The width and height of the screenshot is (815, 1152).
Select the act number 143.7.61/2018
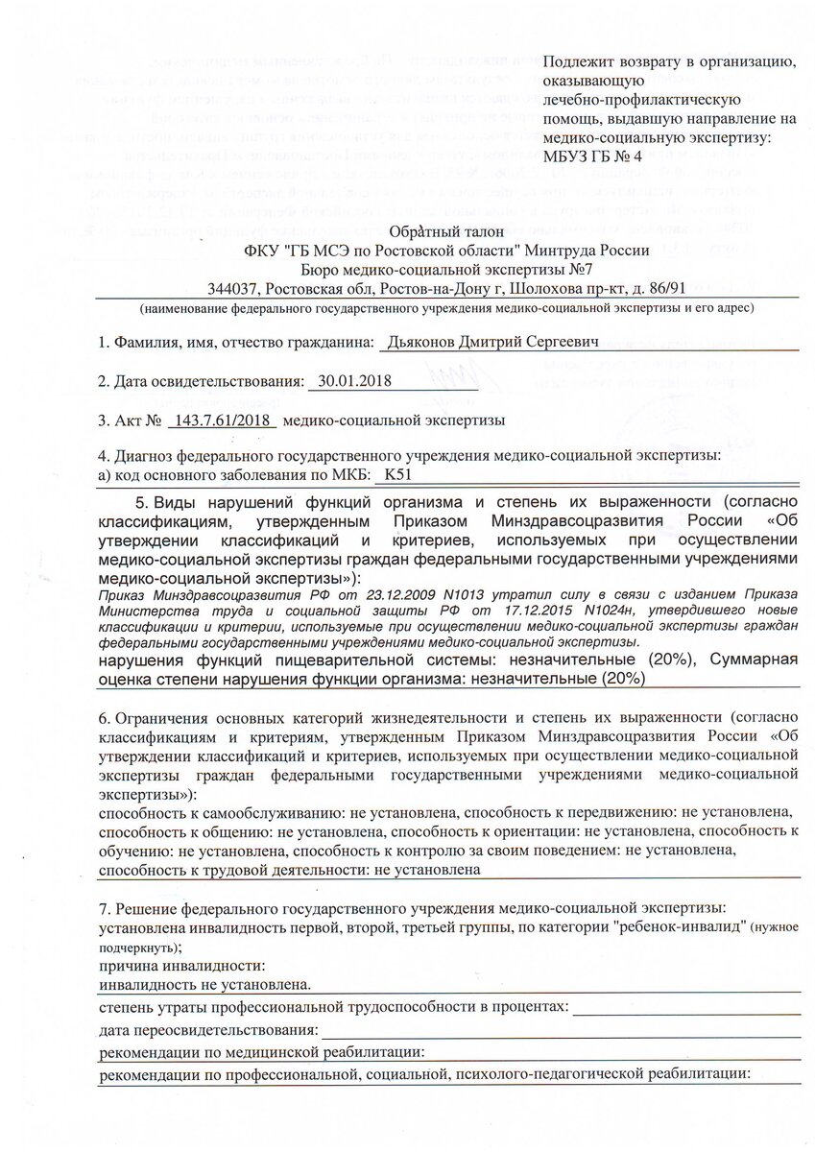(222, 420)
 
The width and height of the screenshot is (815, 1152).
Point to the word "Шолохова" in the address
(544, 288)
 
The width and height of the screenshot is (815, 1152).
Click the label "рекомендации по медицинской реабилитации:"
(262, 1053)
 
